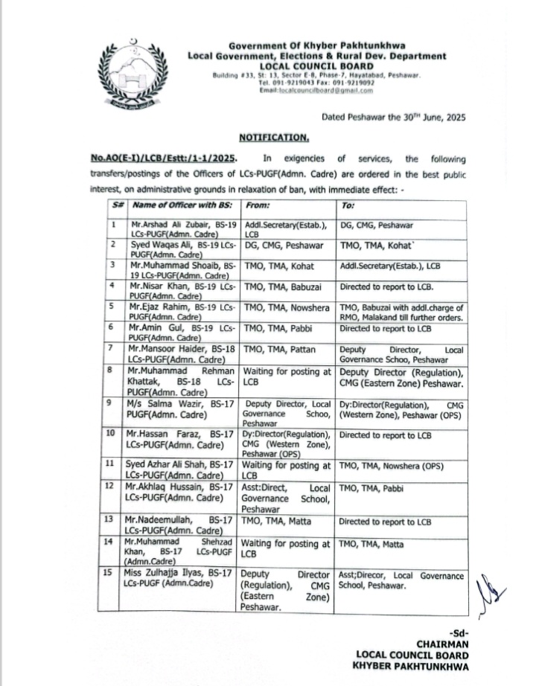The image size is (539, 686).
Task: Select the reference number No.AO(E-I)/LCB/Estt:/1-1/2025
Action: (165, 159)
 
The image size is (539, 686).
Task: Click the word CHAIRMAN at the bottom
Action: (442, 644)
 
